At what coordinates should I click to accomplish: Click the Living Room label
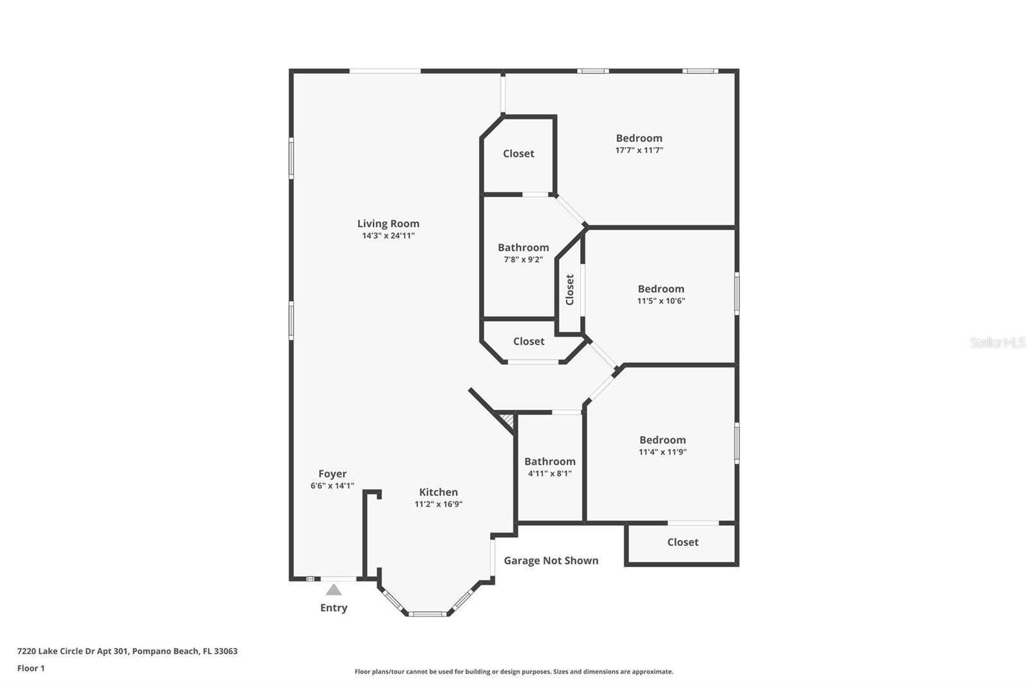click(x=388, y=224)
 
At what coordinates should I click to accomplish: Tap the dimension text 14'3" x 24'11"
click(x=388, y=236)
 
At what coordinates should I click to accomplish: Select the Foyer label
click(x=332, y=474)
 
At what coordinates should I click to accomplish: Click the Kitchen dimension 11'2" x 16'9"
click(x=438, y=504)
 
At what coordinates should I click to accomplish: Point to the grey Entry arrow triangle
click(x=333, y=590)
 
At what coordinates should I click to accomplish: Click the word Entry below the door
click(x=333, y=608)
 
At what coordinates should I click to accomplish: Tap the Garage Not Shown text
click(x=551, y=560)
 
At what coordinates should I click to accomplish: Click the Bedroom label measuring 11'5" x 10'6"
click(x=660, y=289)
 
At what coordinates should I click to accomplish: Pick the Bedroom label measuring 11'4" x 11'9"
click(x=662, y=440)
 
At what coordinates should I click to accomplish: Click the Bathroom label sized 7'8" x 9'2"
click(x=523, y=247)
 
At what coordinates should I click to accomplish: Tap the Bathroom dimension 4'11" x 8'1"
click(x=549, y=474)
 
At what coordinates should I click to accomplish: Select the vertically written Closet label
click(x=570, y=290)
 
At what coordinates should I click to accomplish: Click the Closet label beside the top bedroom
click(x=518, y=154)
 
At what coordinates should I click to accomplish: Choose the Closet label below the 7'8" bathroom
click(x=529, y=341)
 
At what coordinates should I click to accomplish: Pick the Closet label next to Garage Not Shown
click(x=682, y=542)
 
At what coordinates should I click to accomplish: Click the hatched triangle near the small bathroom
click(x=508, y=421)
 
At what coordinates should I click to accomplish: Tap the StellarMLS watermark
click(x=998, y=342)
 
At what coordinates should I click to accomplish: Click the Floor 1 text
click(x=31, y=668)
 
